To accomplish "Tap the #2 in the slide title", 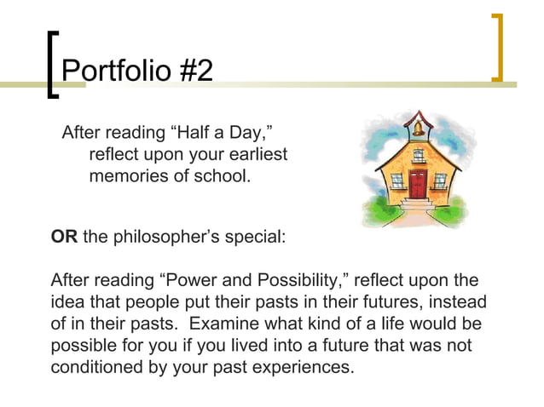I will click(x=194, y=70).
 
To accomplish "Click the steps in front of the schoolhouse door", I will click(x=417, y=205).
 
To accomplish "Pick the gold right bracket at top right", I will click(x=497, y=48).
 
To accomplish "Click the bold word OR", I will click(x=64, y=237).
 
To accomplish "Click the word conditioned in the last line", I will click(x=99, y=368).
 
